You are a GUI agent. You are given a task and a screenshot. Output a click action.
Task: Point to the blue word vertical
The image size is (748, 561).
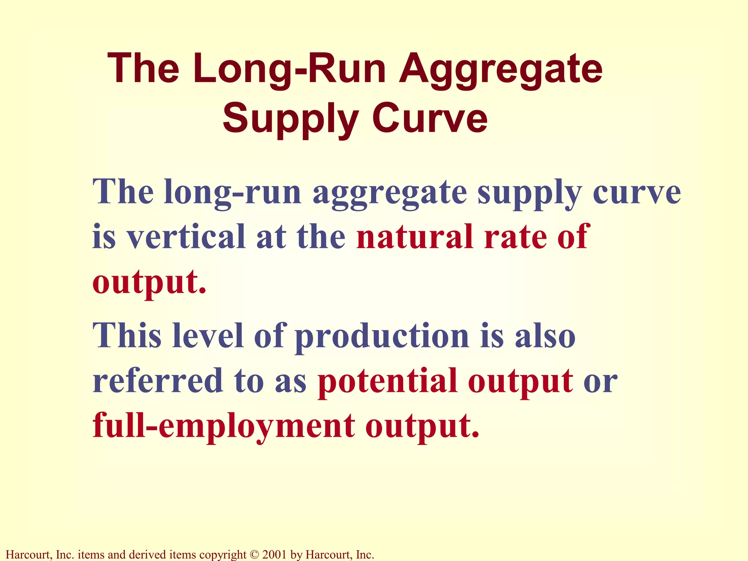coord(186,237)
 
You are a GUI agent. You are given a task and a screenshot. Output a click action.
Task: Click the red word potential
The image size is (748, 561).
coord(388,382)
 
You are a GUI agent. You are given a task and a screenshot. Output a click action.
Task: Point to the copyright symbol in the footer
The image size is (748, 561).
coord(254,555)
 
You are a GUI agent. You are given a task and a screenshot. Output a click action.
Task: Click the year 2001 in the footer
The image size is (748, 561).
coord(274,555)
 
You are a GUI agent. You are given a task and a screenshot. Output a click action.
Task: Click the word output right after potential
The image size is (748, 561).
coord(520,382)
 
